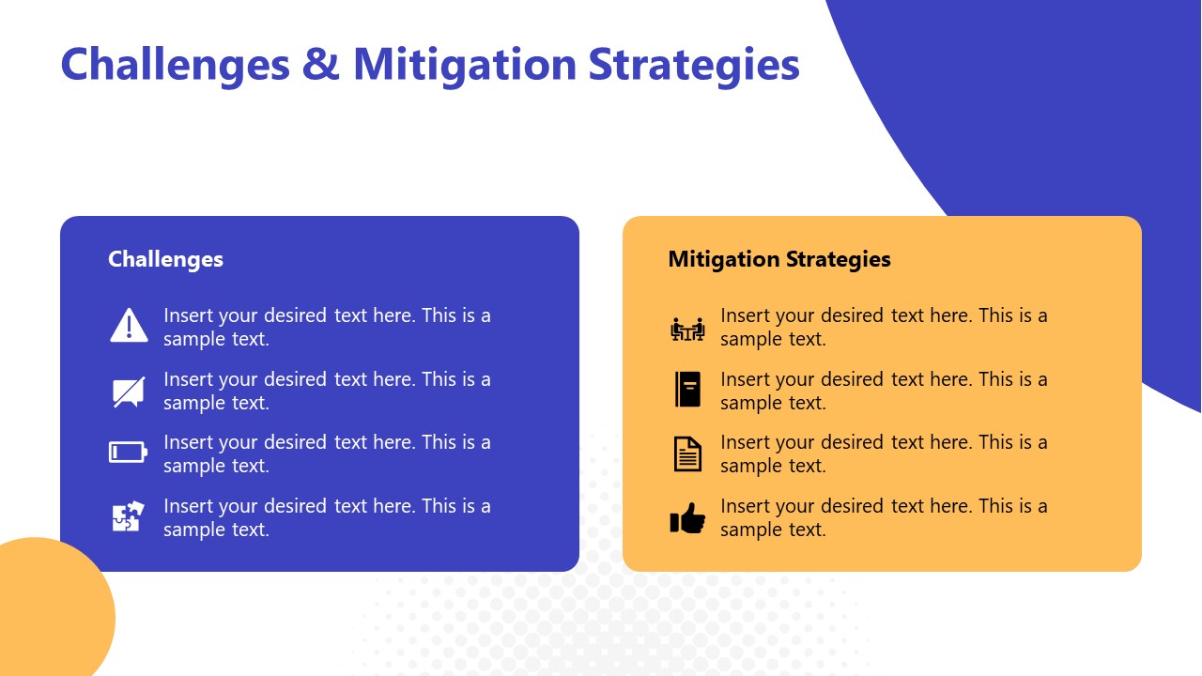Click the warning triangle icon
[129, 325]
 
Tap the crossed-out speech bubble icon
[129, 392]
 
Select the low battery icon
[129, 453]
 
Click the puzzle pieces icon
[128, 516]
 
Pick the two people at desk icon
[687, 329]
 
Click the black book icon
[687, 389]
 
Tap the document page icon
[687, 453]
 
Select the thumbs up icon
[687, 518]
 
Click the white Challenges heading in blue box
[165, 259]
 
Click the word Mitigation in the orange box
[723, 259]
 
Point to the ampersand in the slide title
[321, 65]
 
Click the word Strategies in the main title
[694, 65]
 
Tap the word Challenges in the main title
[175, 65]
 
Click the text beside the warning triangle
[327, 327]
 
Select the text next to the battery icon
[327, 453]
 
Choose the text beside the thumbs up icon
[884, 517]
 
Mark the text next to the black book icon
[884, 391]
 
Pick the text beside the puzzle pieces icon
[327, 517]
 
